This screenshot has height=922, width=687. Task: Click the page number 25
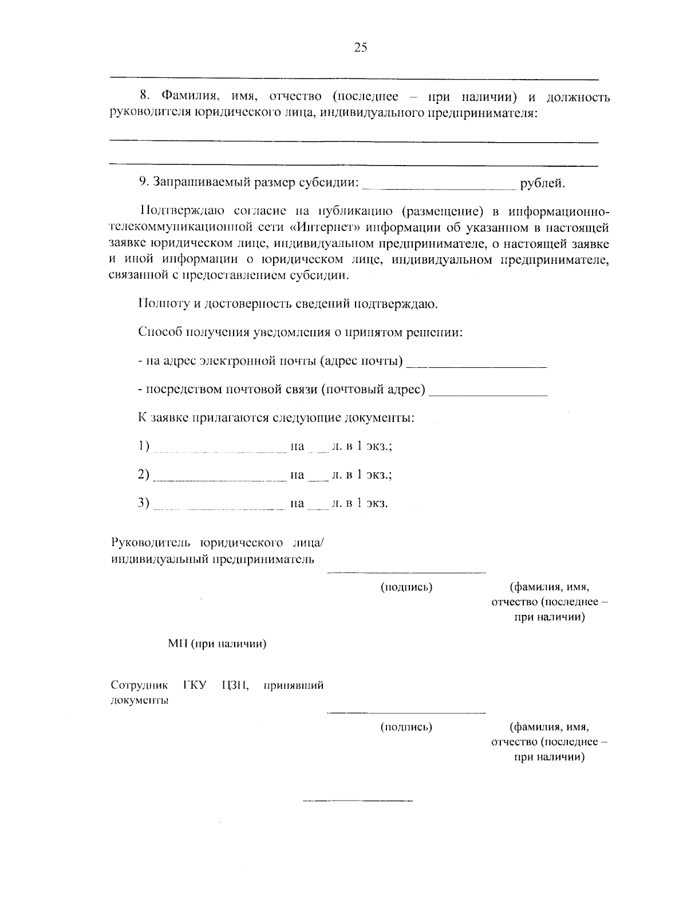coord(360,48)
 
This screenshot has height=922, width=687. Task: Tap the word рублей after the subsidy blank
coord(542,183)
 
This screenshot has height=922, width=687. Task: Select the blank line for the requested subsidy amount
coord(440,186)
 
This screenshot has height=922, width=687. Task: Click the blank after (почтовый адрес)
coord(488,393)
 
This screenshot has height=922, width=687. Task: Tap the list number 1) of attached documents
coord(143,446)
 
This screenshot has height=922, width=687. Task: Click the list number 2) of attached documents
coord(143,475)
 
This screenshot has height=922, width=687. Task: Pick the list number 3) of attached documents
coord(143,504)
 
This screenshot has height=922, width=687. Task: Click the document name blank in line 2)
coord(220,478)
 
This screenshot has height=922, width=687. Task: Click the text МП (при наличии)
coord(217,644)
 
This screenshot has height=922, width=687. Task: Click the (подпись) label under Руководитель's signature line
coord(406,587)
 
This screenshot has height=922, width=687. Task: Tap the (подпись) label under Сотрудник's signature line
coord(406,727)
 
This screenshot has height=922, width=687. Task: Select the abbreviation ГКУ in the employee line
coord(195,685)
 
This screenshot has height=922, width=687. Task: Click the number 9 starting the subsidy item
coord(143,183)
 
